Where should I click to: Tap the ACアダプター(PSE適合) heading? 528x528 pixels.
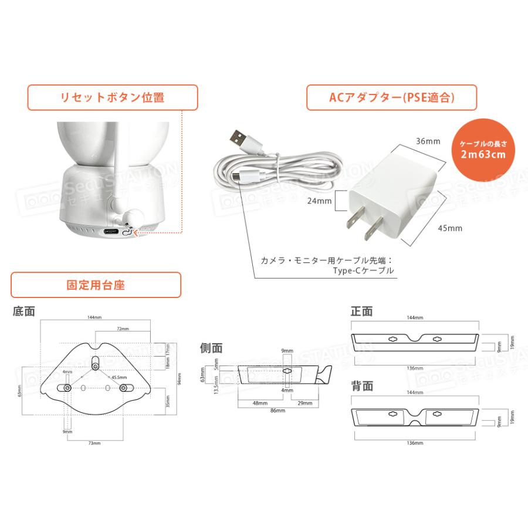[x=391, y=97]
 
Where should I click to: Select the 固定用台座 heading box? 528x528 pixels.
[x=96, y=285]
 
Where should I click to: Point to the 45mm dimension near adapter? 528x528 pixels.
[x=451, y=228]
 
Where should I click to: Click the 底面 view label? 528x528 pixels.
[x=23, y=312]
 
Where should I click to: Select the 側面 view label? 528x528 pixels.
[x=212, y=348]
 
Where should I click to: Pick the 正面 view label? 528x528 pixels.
[x=361, y=312]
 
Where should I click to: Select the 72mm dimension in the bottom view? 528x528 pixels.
[x=123, y=329]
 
